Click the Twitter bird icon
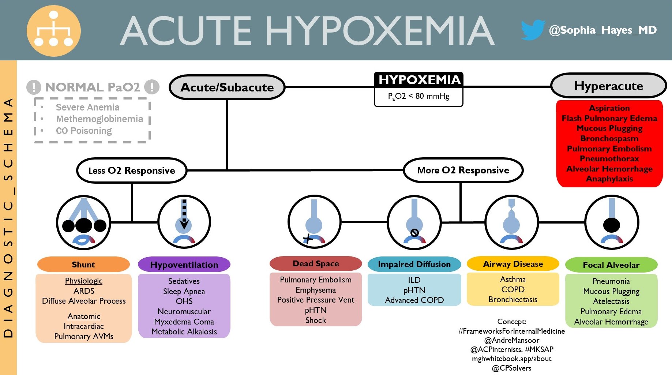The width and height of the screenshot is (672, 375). point(533,30)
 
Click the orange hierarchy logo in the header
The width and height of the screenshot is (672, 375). point(54,31)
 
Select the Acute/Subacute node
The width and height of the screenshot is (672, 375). point(227,87)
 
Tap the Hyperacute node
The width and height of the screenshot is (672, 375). point(608,86)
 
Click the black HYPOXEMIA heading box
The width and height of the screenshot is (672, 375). point(419,80)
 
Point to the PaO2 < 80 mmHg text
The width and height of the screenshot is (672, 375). point(419,97)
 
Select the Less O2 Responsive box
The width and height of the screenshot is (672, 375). point(132,170)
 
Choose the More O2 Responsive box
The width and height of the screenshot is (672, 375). point(463,170)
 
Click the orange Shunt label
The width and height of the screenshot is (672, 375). point(83,265)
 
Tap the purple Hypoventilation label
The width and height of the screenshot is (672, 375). point(184,265)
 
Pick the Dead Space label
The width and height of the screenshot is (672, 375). point(316,263)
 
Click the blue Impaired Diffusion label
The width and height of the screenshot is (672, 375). point(414,264)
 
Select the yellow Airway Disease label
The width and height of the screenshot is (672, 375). point(513,264)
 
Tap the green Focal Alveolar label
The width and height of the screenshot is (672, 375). point(611,265)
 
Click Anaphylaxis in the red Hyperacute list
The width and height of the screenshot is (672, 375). point(609,179)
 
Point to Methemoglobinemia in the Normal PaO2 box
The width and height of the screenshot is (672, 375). point(99,119)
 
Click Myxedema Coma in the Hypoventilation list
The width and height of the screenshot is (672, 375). point(184,322)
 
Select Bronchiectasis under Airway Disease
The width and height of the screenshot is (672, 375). point(513,300)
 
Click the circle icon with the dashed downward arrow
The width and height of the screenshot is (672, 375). point(184,222)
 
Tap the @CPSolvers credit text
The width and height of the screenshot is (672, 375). point(511,368)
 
